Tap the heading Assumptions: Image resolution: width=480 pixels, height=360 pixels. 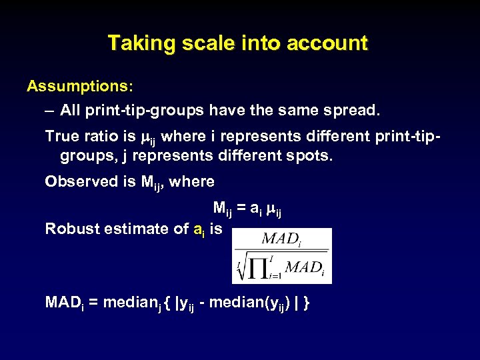(x=79, y=87)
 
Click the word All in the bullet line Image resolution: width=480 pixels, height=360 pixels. (x=71, y=110)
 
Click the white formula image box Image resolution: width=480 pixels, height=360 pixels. (x=281, y=255)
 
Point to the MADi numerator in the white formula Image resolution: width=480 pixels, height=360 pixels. (x=281, y=239)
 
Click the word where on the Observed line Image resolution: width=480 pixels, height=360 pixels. (x=192, y=181)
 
